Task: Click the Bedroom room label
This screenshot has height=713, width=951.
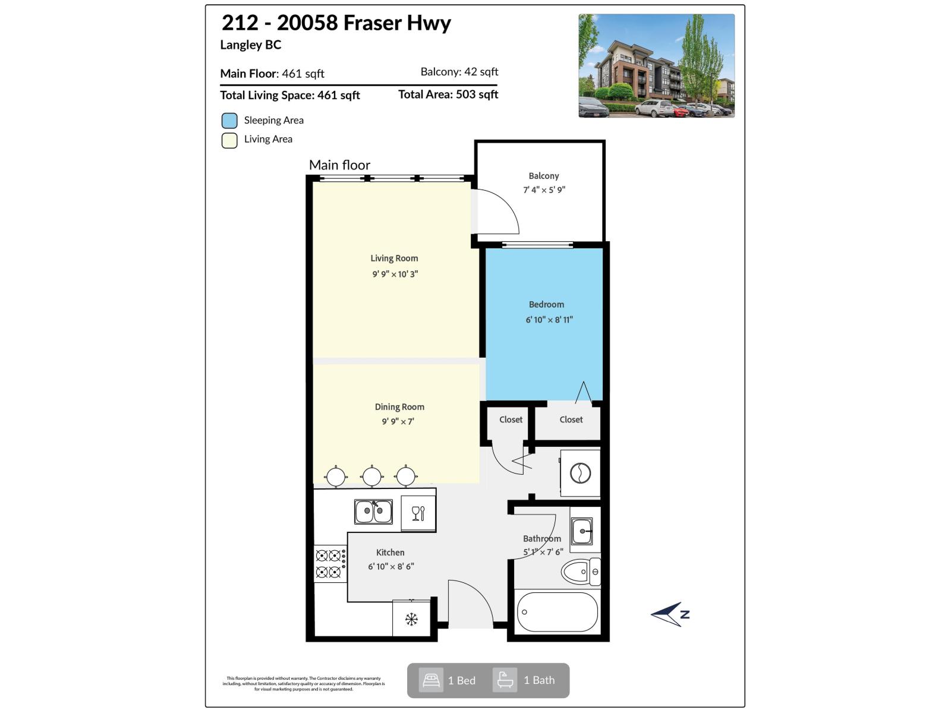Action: tap(546, 305)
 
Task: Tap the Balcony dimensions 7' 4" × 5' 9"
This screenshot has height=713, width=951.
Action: tap(544, 190)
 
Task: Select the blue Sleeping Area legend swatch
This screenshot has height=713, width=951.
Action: tap(229, 121)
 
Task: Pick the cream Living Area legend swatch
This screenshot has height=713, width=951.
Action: tap(229, 140)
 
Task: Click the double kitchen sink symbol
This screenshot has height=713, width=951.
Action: tap(373, 512)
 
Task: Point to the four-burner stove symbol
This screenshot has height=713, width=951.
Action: tap(329, 564)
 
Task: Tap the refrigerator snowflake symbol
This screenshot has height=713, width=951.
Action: tap(411, 619)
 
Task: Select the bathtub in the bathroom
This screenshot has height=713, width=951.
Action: tap(557, 612)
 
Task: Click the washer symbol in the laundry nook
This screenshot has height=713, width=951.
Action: tap(580, 474)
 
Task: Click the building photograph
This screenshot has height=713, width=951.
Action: tap(656, 66)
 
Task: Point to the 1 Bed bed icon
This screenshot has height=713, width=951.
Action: tap(431, 680)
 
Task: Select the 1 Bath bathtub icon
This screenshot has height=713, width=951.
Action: tap(505, 680)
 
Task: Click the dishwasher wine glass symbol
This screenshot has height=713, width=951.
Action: tap(418, 513)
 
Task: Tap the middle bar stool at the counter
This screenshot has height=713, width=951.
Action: tap(372, 476)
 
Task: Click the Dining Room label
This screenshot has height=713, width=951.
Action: tap(399, 407)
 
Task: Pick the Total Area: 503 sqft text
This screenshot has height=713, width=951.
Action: tap(448, 94)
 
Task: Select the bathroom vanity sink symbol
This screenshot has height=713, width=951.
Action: tap(582, 531)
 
